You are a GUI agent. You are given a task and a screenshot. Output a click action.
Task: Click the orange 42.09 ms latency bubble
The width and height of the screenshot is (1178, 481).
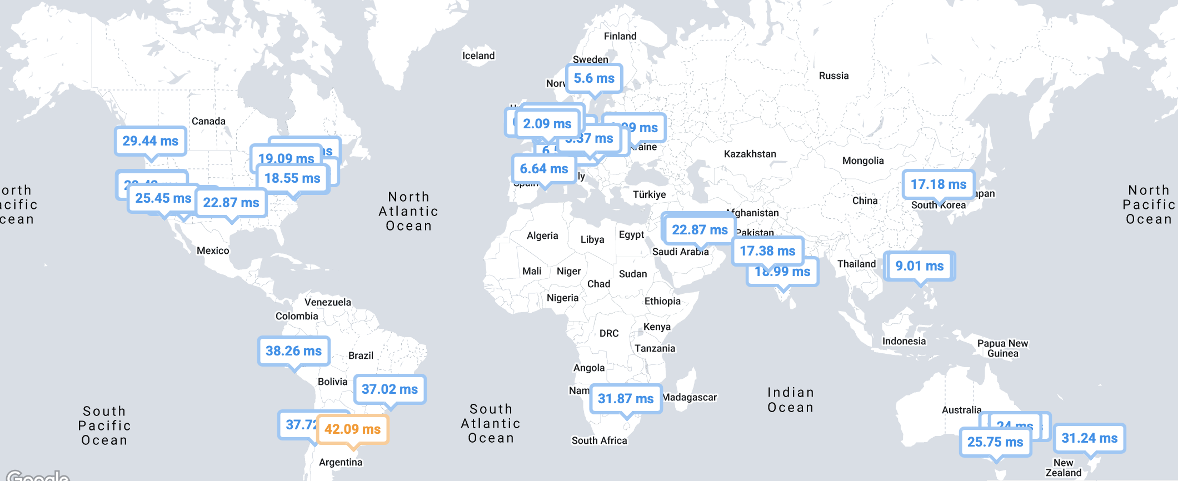point(352,429)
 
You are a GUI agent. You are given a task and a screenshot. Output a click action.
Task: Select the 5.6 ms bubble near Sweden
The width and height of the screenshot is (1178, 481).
point(594,78)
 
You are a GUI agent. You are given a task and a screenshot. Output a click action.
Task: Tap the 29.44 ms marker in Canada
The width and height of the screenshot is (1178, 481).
point(151,141)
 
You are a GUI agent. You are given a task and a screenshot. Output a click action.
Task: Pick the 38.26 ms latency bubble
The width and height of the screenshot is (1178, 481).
point(293,351)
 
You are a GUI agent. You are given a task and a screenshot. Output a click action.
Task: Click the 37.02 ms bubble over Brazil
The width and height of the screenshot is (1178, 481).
point(390,389)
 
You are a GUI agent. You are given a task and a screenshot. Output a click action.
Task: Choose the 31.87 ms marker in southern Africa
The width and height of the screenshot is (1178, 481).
point(626,399)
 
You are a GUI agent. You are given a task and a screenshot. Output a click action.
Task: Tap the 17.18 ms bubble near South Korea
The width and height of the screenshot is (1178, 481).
point(939,184)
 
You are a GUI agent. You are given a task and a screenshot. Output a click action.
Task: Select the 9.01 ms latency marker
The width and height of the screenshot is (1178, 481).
point(919,266)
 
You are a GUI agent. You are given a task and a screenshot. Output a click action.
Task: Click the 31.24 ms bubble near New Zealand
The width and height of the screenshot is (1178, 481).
point(1089,438)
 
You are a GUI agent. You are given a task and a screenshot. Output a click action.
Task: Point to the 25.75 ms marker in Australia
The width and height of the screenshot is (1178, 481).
point(995,442)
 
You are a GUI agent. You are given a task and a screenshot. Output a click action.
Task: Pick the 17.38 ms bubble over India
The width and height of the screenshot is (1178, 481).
point(767,251)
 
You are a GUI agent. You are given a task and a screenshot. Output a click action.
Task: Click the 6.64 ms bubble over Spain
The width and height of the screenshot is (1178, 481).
point(543,169)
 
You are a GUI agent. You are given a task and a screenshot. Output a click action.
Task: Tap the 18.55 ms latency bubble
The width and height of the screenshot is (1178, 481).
point(292,178)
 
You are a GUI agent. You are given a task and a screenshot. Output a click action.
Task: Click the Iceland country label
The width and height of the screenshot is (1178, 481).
point(478,56)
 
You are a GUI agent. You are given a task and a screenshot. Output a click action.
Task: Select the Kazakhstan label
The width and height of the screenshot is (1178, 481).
point(750,154)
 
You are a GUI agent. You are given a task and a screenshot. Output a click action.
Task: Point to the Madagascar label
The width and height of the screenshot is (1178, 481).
point(690,397)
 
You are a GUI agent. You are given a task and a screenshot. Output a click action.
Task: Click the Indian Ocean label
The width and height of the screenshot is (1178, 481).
point(790,400)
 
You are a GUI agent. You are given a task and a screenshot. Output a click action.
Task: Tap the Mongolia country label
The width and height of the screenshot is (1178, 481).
point(862,161)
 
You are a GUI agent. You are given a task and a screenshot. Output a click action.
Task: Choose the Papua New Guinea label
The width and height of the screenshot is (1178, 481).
point(1002,348)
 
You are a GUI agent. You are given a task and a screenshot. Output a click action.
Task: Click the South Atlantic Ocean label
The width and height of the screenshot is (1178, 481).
point(491,423)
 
